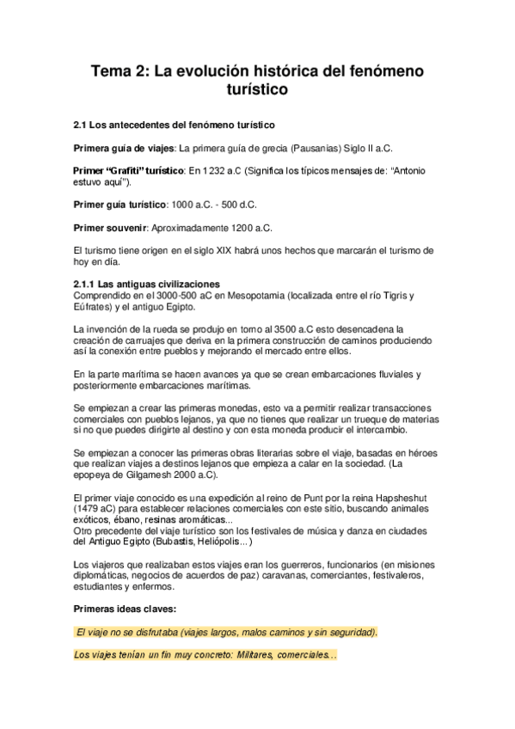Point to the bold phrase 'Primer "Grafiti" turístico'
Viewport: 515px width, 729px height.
130,171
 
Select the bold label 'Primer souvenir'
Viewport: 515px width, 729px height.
112,228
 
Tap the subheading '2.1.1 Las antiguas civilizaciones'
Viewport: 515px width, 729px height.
148,285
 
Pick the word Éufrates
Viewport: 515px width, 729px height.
94,307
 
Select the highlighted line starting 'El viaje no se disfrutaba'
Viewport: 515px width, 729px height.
226,633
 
